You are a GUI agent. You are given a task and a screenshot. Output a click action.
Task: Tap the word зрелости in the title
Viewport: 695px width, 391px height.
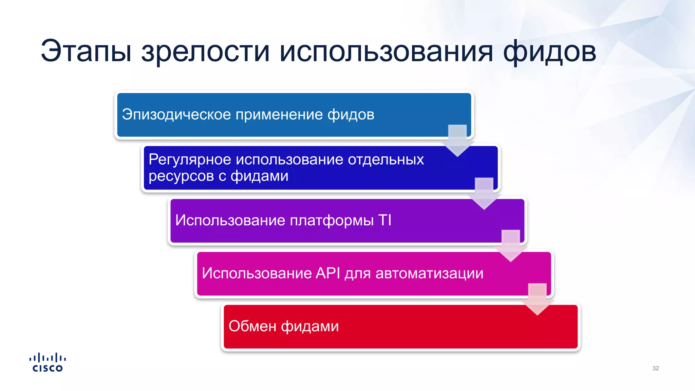tap(205, 52)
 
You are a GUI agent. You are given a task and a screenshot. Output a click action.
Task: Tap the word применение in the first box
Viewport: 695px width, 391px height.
tap(279, 115)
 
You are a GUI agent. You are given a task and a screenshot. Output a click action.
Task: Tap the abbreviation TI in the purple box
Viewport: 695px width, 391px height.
tap(385, 220)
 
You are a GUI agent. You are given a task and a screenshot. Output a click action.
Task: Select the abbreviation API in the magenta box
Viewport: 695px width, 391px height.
tap(328, 273)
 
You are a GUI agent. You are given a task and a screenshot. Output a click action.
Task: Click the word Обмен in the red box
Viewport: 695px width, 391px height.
tap(252, 327)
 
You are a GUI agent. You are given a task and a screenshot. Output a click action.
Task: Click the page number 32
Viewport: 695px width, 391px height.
tap(655, 368)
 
